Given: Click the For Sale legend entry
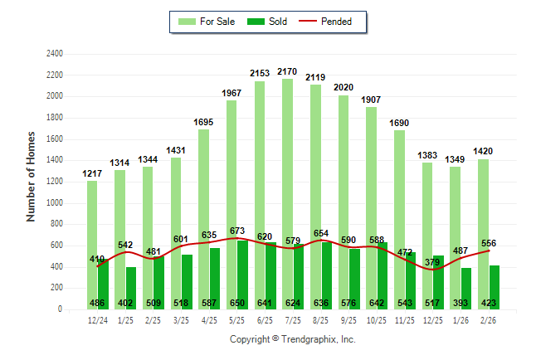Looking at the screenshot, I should click(207, 22).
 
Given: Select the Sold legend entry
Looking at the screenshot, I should click(268, 22).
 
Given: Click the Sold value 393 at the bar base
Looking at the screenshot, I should click(460, 303).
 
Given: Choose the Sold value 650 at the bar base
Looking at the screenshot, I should click(237, 303).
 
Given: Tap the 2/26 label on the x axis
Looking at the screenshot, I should click(489, 319).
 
